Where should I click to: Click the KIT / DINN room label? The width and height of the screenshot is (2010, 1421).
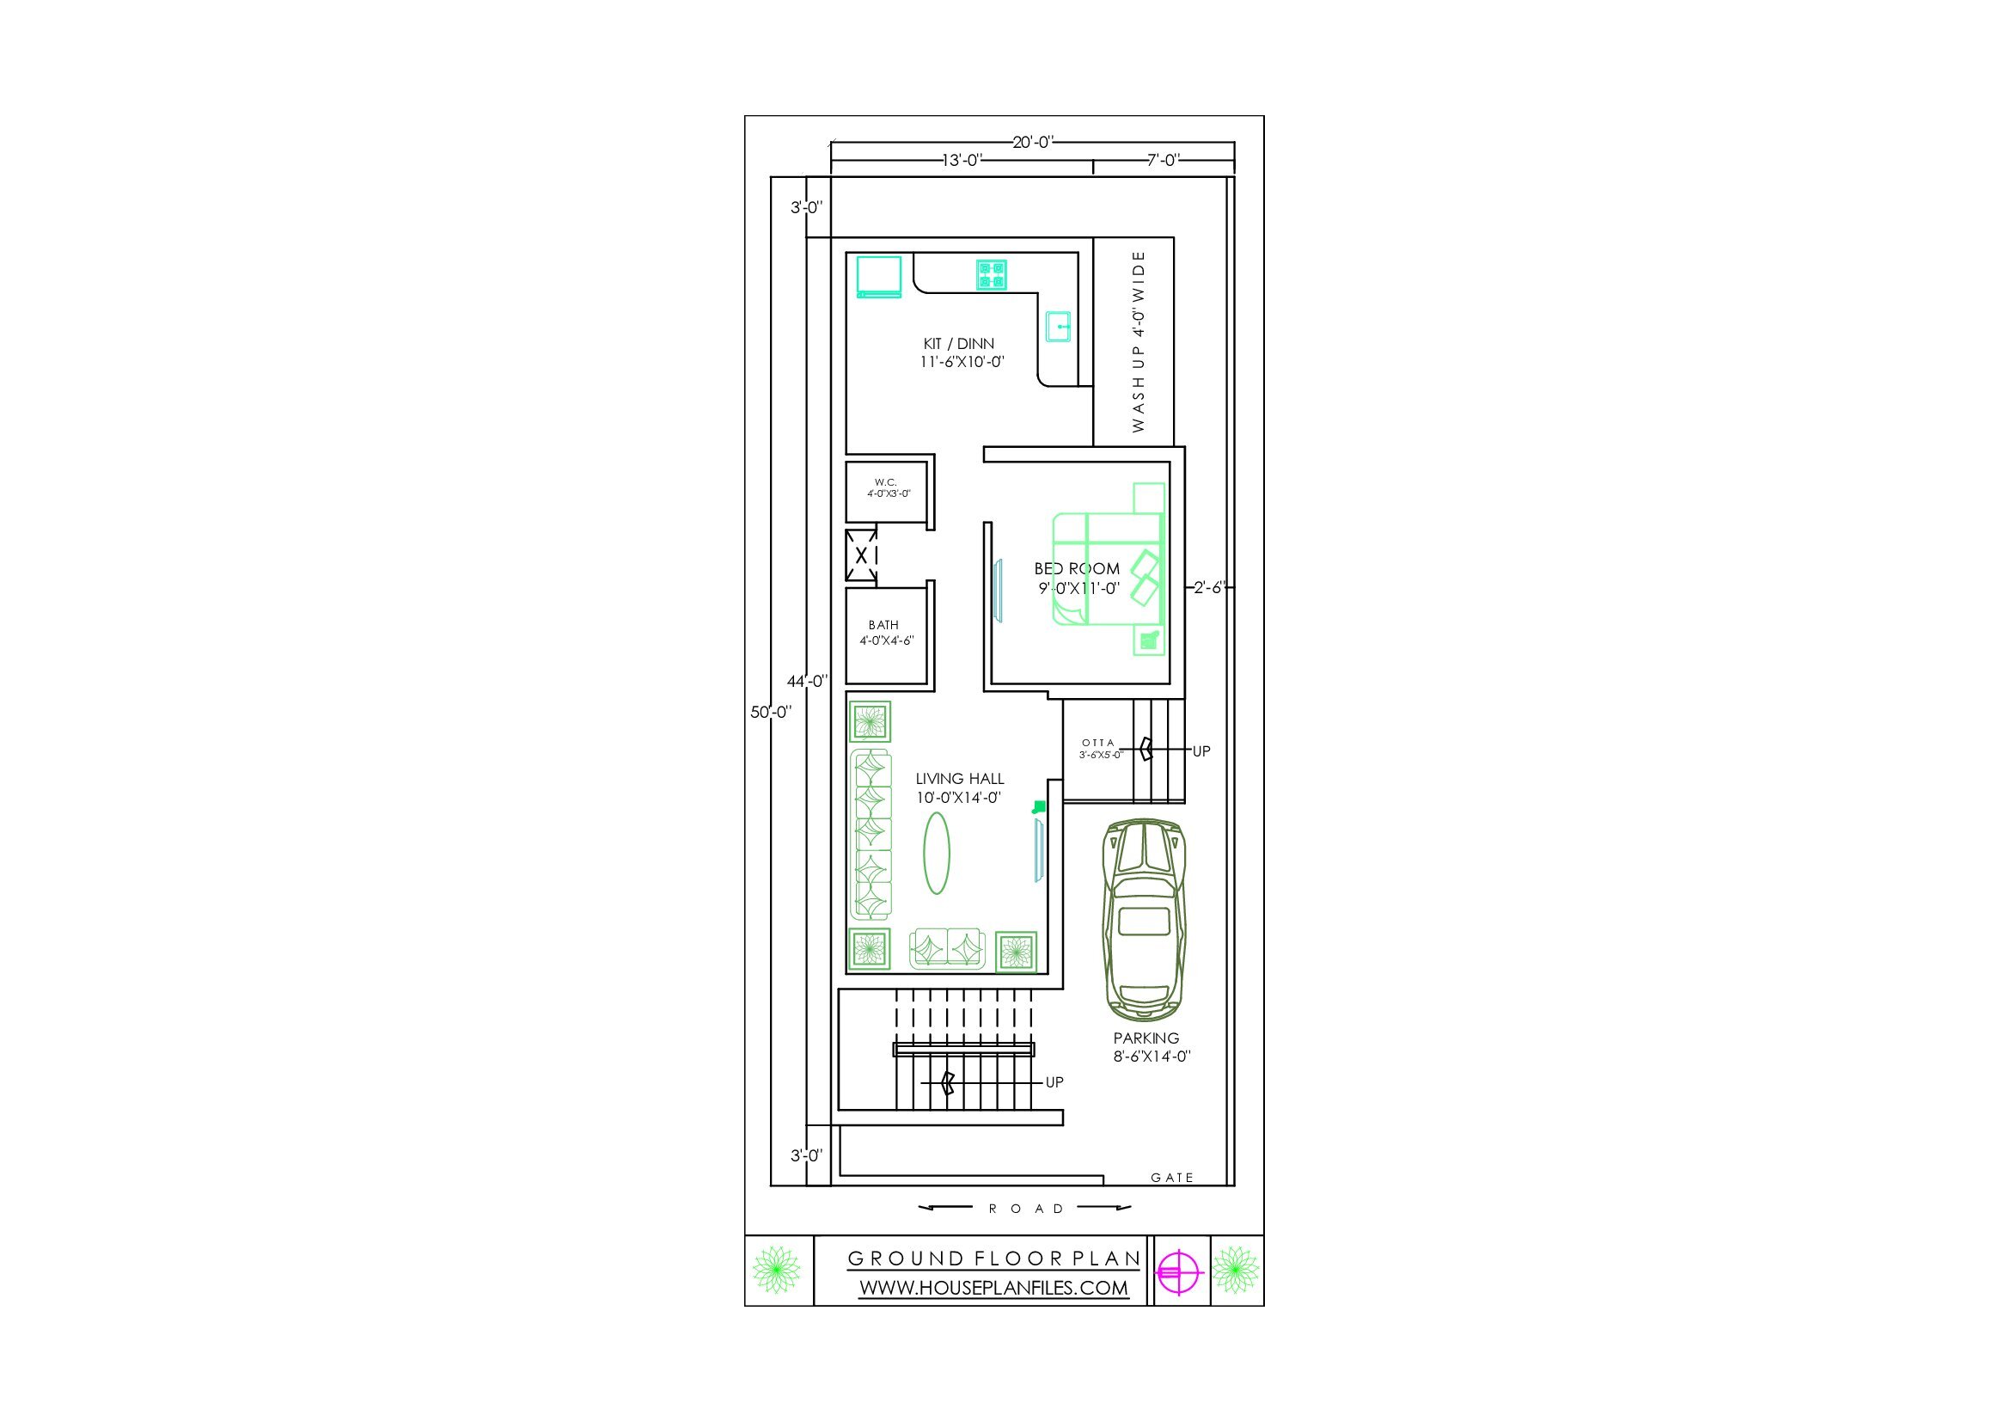[x=959, y=344]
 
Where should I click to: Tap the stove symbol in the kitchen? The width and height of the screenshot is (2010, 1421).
[x=992, y=274]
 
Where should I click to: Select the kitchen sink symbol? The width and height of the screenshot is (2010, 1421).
[x=1059, y=327]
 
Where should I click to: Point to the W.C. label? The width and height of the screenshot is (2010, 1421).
[x=886, y=482]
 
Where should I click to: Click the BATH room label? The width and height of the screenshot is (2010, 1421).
[x=883, y=625]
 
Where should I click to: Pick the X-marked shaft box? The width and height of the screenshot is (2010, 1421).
[x=861, y=555]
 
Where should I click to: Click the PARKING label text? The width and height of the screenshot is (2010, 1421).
[x=1146, y=1038]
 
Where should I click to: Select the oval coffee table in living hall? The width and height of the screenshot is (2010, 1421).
[x=937, y=853]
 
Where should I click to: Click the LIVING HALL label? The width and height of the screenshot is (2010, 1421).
[x=960, y=778]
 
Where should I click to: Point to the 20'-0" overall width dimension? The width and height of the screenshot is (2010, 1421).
[x=1033, y=142]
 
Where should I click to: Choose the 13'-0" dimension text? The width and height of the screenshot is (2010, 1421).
[x=962, y=160]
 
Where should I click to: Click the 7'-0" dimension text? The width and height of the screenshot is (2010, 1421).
[x=1164, y=159]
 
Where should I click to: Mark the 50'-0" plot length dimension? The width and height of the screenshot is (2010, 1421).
[x=770, y=712]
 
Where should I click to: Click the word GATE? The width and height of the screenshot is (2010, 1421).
[x=1172, y=1178]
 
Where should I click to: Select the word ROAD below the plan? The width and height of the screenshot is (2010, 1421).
[x=1026, y=1209]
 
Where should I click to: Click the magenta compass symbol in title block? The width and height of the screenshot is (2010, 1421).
[x=1178, y=1271]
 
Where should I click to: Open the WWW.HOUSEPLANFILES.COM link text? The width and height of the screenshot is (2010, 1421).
[x=993, y=1288]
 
